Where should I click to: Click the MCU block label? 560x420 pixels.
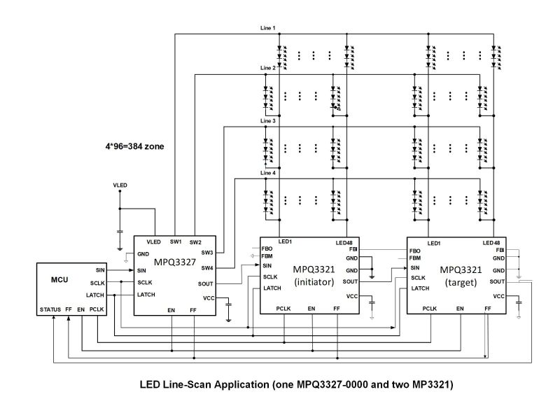point(59,279)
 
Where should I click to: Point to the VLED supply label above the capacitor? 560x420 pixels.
point(120,185)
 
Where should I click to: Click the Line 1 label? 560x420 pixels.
point(268,28)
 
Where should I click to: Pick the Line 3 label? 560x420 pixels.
point(268,121)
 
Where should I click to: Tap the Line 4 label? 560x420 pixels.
point(268,173)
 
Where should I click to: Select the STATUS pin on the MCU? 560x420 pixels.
point(50,308)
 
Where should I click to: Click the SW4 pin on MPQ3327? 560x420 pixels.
point(206,267)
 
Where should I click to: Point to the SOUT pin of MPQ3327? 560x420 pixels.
point(206,283)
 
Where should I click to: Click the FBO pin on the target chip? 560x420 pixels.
point(414,250)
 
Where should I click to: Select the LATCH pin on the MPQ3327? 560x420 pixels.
point(146,295)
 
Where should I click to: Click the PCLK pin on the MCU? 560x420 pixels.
point(96,308)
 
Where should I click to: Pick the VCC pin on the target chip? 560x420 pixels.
point(499,296)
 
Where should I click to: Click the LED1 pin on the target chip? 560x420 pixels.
point(434,242)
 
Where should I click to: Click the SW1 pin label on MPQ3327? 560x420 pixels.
point(176,241)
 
